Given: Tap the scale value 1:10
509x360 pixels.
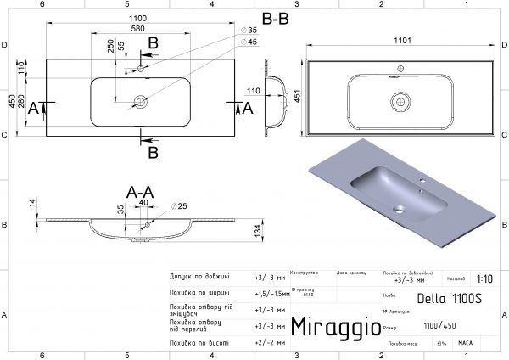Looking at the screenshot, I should tap(484, 278).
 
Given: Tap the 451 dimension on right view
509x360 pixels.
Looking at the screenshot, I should tap(296, 96).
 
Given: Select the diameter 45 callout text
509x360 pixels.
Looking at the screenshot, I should tap(251, 42).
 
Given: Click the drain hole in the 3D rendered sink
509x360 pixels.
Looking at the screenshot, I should tap(399, 206).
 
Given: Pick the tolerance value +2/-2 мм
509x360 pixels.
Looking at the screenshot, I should tap(270, 342).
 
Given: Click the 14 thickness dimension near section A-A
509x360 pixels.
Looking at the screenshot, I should tap(32, 202).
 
